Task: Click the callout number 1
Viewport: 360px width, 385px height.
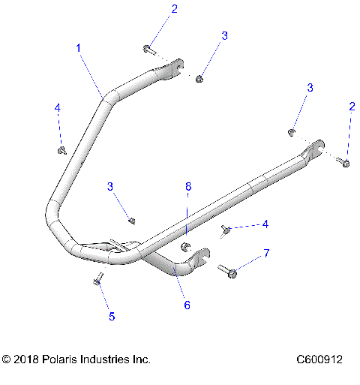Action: click(x=78, y=47)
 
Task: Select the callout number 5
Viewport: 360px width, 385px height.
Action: click(x=112, y=317)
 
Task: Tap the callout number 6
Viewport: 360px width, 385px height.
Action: click(x=187, y=305)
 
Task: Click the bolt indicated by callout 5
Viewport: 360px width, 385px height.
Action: click(x=97, y=280)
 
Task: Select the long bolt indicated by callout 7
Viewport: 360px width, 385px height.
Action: click(x=228, y=270)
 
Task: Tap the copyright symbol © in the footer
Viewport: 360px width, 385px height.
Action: click(x=7, y=359)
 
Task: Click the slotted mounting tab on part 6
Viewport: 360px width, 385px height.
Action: click(x=198, y=261)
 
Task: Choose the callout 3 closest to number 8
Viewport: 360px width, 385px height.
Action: click(x=110, y=186)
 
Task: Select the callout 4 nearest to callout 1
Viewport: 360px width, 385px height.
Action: click(x=57, y=108)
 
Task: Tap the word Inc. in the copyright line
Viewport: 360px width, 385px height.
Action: click(x=142, y=359)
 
